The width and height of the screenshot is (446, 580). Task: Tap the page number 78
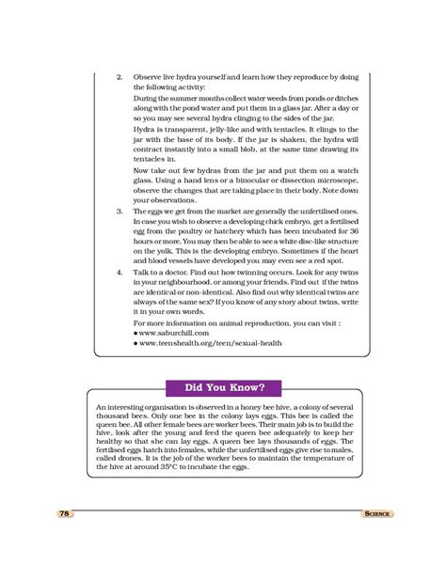click(64, 514)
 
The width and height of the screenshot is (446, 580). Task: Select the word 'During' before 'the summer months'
click(149, 94)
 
